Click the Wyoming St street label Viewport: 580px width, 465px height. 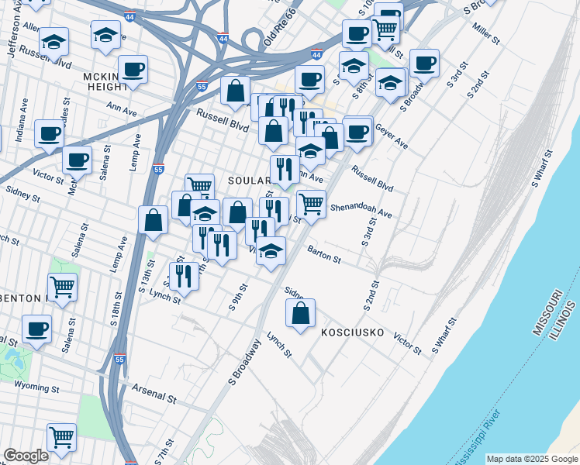pos(49,387)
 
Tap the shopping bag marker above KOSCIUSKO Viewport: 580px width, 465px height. pos(300,313)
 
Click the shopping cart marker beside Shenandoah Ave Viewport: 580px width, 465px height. pos(311,204)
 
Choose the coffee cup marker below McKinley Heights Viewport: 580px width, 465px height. pos(133,71)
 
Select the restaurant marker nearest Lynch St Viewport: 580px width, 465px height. pos(184,275)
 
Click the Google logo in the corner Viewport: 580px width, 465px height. pos(26,456)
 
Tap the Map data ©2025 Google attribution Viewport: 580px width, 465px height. pos(532,459)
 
